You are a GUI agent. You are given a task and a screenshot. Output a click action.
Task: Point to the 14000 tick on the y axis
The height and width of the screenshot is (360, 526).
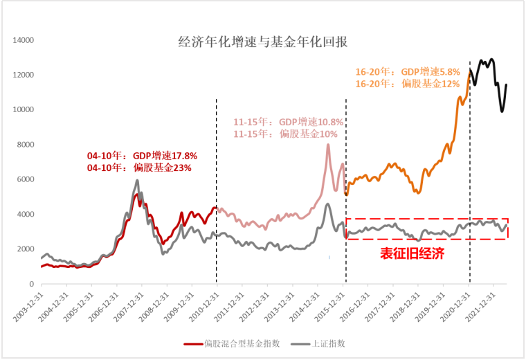click(22, 40)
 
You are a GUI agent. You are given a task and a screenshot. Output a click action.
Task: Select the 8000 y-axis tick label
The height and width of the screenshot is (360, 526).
click(25, 145)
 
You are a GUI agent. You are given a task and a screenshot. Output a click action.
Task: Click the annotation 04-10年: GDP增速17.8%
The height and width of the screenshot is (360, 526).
click(132, 156)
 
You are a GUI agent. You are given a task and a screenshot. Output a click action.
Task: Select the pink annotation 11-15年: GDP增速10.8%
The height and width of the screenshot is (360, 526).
click(289, 122)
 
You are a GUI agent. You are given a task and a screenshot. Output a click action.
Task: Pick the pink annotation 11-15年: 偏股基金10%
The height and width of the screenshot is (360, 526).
click(285, 133)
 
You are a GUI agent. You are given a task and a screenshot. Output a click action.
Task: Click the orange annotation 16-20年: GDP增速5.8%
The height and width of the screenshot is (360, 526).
click(408, 71)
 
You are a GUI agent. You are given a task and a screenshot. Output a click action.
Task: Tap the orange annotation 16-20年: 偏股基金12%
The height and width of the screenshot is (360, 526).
click(408, 83)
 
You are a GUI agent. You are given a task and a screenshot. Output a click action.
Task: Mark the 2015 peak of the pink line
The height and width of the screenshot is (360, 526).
click(328, 144)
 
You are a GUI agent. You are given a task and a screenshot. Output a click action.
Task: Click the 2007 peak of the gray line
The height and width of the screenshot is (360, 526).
click(137, 181)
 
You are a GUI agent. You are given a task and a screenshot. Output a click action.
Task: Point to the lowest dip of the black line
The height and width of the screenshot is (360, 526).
click(502, 111)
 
